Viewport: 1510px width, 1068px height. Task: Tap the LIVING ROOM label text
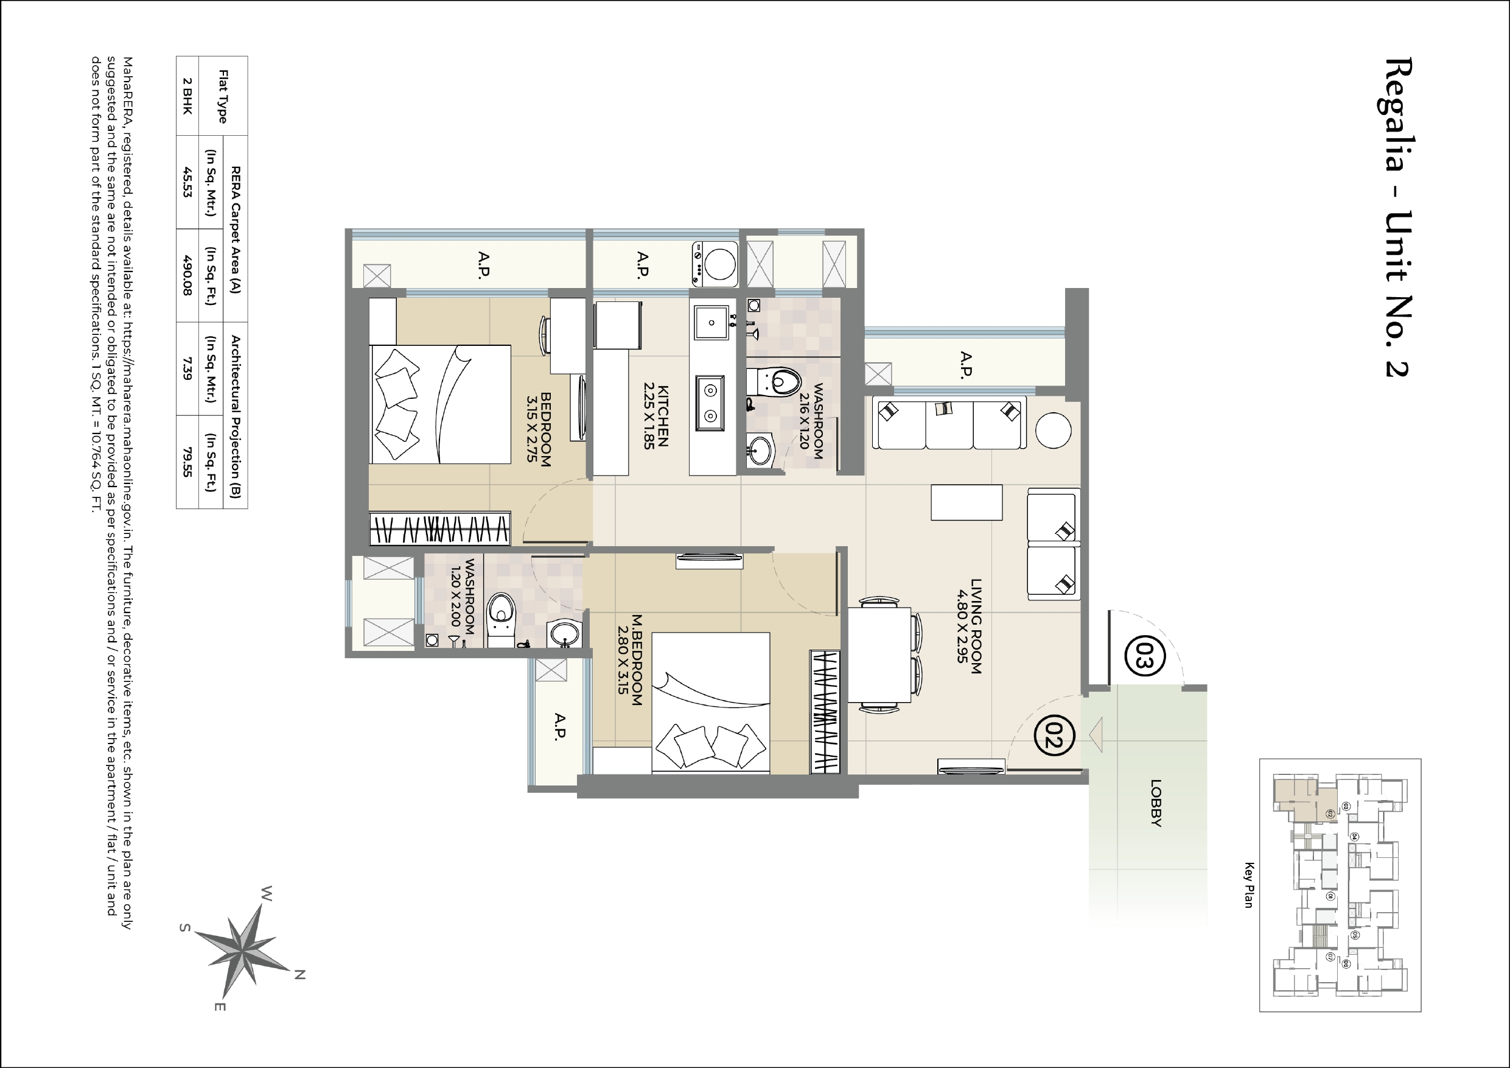tap(969, 626)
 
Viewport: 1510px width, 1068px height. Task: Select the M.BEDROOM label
tap(629, 660)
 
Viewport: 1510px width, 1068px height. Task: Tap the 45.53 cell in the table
tap(187, 182)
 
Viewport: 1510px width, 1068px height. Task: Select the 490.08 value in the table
tap(187, 275)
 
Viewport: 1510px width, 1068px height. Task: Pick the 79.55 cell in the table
tap(187, 462)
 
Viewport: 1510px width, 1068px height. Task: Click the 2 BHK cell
tap(187, 96)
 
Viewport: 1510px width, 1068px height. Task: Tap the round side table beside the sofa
tap(1053, 430)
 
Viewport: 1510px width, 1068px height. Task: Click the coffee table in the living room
tap(966, 502)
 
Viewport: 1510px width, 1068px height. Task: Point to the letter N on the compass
tap(299, 975)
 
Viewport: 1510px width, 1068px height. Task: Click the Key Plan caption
tap(1249, 885)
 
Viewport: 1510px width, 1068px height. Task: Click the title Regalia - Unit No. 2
tap(1398, 217)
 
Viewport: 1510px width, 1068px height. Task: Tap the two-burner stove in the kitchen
tap(710, 403)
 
